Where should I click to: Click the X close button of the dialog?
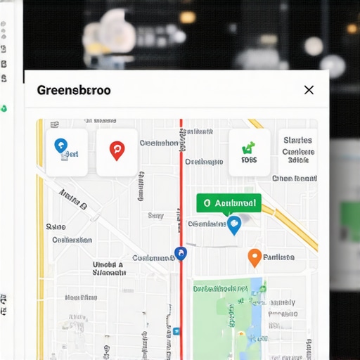coord(309,90)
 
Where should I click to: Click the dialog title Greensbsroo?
coord(73,90)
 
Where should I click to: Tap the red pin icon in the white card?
coord(117,150)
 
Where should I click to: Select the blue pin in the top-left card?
coord(61,146)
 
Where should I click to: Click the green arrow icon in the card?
coord(247,148)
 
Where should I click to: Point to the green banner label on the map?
coord(229,203)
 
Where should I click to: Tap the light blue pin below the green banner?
coord(235,224)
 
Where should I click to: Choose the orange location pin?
coord(255,258)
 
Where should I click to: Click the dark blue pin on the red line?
coord(181,253)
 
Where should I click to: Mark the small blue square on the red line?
coord(176,330)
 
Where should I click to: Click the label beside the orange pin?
coord(278,258)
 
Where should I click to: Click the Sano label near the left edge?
coord(56,227)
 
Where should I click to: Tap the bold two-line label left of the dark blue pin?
coord(109,270)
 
